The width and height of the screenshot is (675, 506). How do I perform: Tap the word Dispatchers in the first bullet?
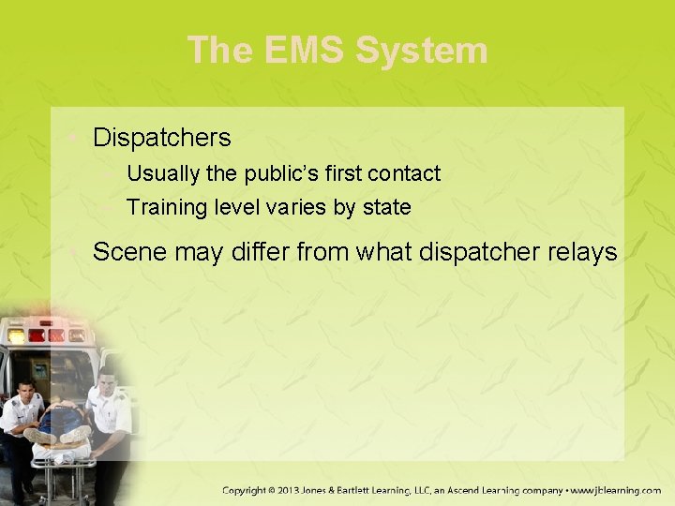pyautogui.click(x=161, y=138)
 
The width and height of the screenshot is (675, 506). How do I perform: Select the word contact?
pyautogui.click(x=404, y=173)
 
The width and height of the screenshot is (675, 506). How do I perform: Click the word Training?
pyautogui.click(x=166, y=207)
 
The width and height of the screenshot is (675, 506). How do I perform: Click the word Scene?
pyautogui.click(x=127, y=251)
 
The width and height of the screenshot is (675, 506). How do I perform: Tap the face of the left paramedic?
pyautogui.click(x=25, y=391)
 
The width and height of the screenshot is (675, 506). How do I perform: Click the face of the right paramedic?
pyautogui.click(x=107, y=381)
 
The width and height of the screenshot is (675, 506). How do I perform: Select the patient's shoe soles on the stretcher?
pyautogui.click(x=56, y=436)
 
